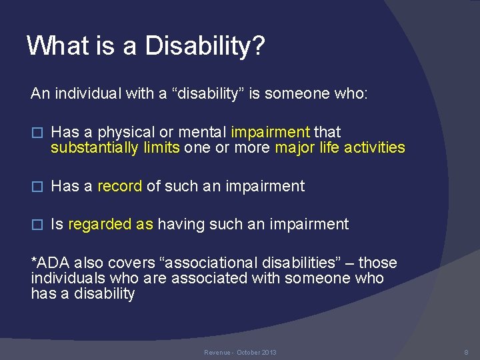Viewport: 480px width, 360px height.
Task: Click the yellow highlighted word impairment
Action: coord(271,132)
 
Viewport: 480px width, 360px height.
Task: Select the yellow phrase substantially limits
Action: coord(115,147)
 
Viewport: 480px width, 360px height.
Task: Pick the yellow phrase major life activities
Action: coord(339,147)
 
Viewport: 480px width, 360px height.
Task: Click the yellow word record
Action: coord(120,186)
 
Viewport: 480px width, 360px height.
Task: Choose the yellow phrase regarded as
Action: coord(111,224)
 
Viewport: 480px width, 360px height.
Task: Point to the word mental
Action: coord(205,132)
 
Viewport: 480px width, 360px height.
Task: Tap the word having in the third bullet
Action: coord(181,224)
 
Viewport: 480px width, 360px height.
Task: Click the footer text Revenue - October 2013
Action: coord(240,352)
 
